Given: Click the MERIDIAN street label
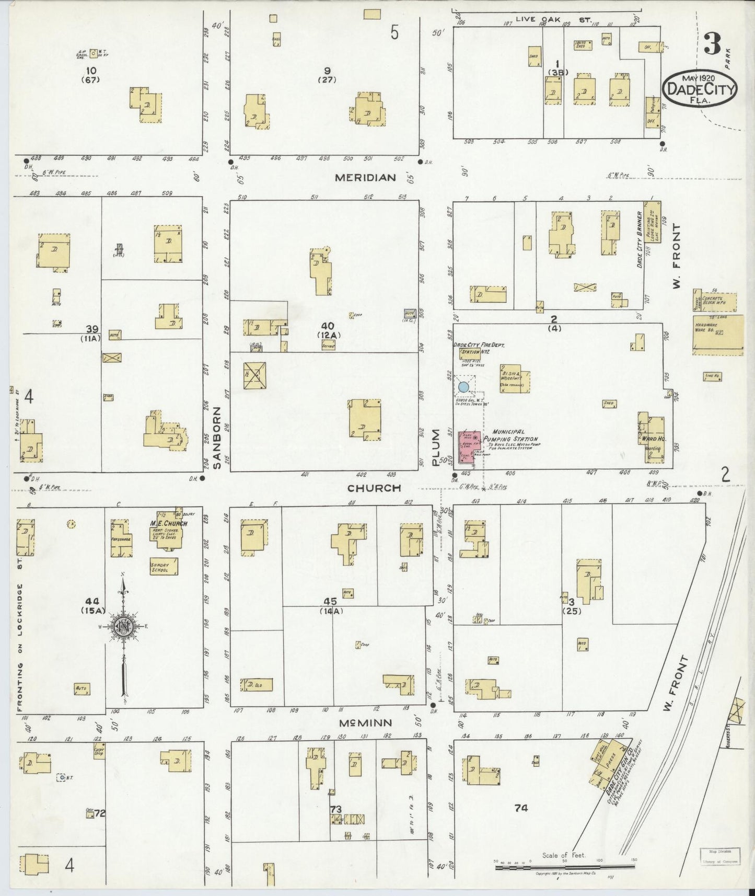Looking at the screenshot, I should point(365,178).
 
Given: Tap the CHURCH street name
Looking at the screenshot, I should point(374,488).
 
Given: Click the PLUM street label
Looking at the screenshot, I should point(437,447).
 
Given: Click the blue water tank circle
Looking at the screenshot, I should point(463,387).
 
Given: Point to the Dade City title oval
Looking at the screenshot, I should point(700,89).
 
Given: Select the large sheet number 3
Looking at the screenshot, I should point(712,44).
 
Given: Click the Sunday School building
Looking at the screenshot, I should point(164,566).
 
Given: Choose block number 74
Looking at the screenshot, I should point(520,808).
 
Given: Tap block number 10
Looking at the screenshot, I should point(92,70).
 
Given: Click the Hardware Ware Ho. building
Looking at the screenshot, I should point(717,335).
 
